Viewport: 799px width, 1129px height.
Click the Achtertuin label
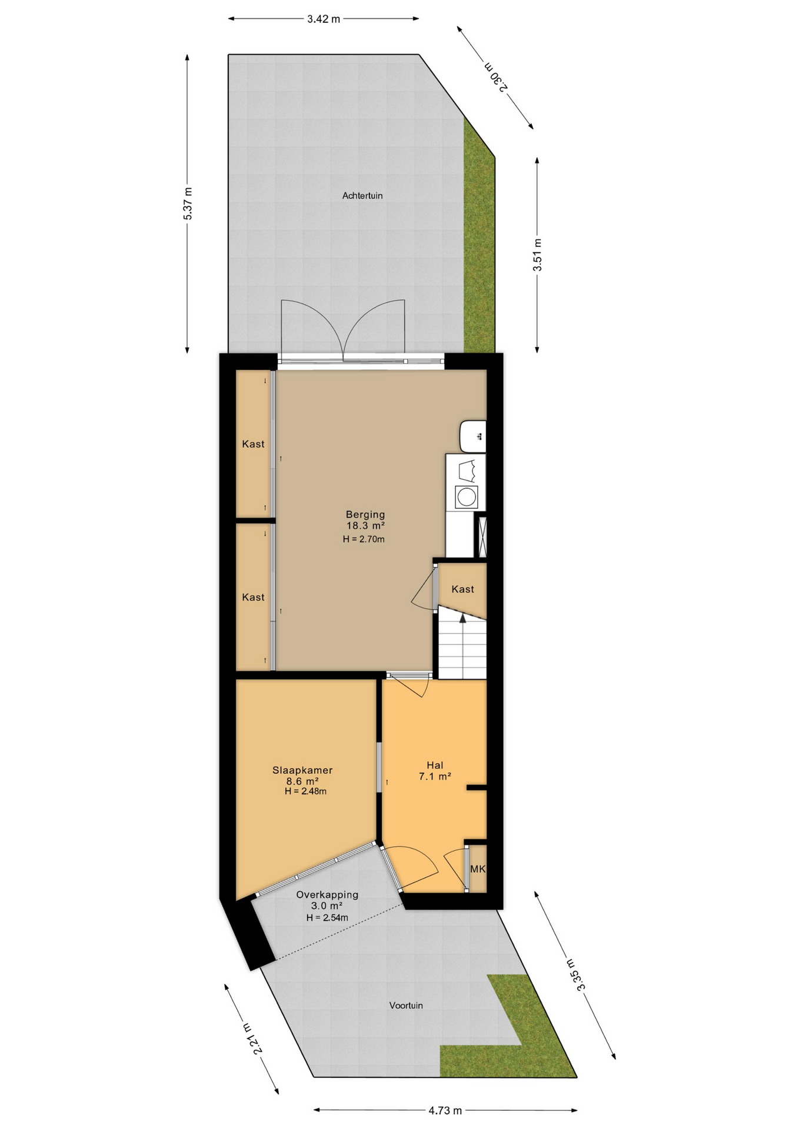(x=362, y=196)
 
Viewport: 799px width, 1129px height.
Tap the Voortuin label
(x=406, y=1006)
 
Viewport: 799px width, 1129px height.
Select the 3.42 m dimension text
(x=324, y=19)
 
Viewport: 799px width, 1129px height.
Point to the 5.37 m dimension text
(x=188, y=203)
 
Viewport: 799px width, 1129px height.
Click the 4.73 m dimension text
(x=445, y=1111)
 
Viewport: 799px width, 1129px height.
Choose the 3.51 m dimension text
(x=537, y=255)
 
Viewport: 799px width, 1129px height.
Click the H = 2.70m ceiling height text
(x=364, y=539)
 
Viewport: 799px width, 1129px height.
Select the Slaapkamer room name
(x=302, y=770)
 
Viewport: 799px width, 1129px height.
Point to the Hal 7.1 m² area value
(x=435, y=776)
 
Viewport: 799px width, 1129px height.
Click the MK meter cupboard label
(x=478, y=869)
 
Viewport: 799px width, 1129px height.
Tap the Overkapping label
(x=327, y=895)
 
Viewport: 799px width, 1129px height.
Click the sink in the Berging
(x=473, y=436)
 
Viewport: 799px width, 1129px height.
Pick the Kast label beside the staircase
(x=462, y=589)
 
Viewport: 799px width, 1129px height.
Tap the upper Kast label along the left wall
(x=253, y=445)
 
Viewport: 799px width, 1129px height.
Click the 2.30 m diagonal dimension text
(x=496, y=77)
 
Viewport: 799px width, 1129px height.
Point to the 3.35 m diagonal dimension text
(x=574, y=975)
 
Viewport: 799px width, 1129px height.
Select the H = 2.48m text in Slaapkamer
(x=305, y=791)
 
